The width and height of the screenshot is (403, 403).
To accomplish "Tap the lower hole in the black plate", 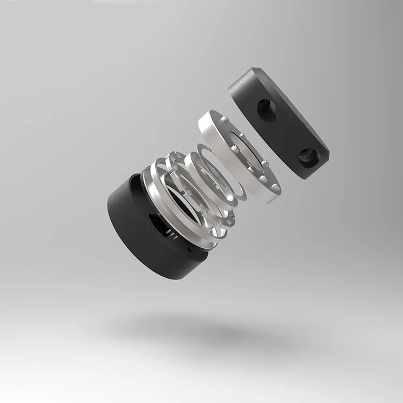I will click(308, 156).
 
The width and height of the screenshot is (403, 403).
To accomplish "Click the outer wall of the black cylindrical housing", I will click(140, 236).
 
